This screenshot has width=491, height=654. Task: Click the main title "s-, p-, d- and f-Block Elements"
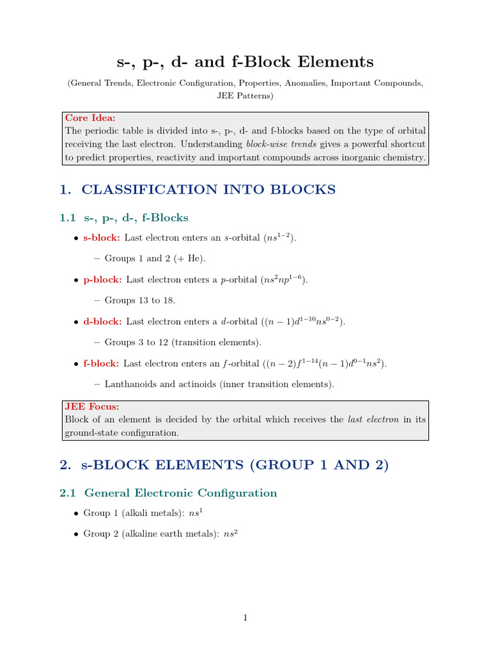[x=245, y=62]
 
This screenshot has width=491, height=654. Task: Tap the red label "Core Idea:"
[x=90, y=118]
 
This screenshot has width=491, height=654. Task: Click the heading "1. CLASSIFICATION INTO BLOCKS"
[x=197, y=189]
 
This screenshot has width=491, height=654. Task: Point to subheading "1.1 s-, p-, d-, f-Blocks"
[x=124, y=218]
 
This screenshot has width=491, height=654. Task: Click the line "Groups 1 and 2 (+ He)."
[x=155, y=259]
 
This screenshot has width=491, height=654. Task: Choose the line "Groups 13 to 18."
[x=139, y=300]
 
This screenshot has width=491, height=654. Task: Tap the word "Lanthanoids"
[x=129, y=384]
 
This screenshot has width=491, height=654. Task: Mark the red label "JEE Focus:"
[x=92, y=406]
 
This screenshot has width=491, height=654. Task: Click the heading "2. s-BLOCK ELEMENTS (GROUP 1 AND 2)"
[x=224, y=465]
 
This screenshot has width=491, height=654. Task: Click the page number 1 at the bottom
[x=245, y=618]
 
